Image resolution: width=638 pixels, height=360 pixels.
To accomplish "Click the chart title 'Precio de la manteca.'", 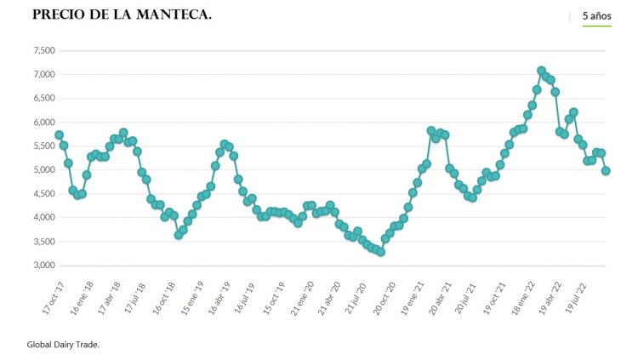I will pos(122,15).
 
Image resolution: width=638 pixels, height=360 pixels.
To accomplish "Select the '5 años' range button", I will pos(596,16).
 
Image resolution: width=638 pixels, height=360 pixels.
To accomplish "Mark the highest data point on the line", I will pos(541,71).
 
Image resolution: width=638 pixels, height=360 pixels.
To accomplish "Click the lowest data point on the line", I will pos(381,252).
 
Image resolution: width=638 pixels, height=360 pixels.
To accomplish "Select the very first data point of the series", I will pos(59,135).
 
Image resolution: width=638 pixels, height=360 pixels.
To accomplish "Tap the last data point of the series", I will pos(606,171).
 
